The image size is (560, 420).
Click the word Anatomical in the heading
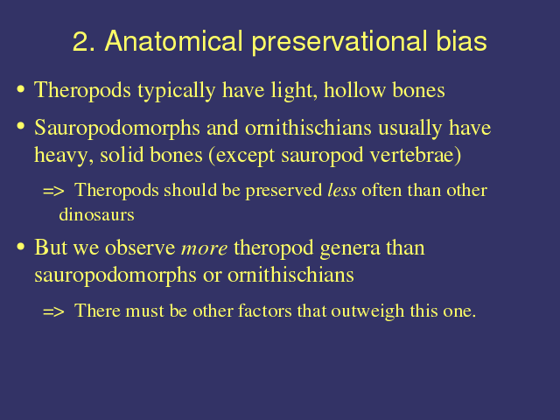coord(173,41)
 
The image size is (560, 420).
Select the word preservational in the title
coord(339,43)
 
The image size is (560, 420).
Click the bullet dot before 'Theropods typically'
coord(21,89)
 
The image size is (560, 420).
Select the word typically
coord(177,91)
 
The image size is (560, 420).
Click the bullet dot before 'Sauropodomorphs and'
coord(21,126)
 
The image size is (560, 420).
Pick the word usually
coord(409,129)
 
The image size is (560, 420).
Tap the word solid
coord(121,155)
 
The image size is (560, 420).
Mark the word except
coord(245,157)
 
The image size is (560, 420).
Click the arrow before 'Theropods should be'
coord(53,191)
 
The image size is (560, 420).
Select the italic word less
coord(342,190)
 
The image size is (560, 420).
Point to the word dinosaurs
coord(96,214)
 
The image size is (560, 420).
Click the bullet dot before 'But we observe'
coord(21,247)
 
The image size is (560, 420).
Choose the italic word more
coord(204,248)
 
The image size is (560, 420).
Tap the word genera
coord(350,248)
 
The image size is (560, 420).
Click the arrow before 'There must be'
coord(53,311)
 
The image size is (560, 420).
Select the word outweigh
coord(367,311)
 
